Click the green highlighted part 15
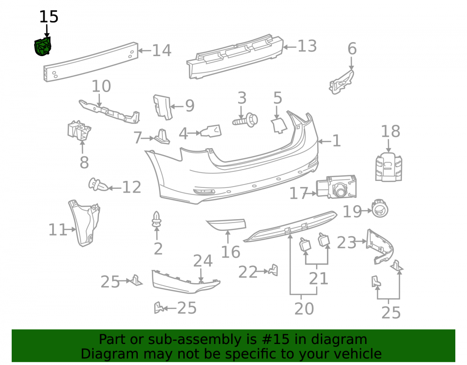pos(42,46)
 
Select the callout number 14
pos(162,50)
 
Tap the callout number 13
pos(307,46)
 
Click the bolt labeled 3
pos(245,121)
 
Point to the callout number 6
pos(352,49)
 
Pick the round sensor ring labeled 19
pos(380,208)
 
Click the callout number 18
pos(391,131)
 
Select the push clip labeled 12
pos(98,185)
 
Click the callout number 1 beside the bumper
pos(336,141)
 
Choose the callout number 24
pos(203,261)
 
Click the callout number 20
pos(304,308)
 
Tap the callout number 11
pos(57,230)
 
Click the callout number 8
pos(84,162)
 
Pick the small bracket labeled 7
pos(162,136)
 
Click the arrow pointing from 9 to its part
pos(177,107)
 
